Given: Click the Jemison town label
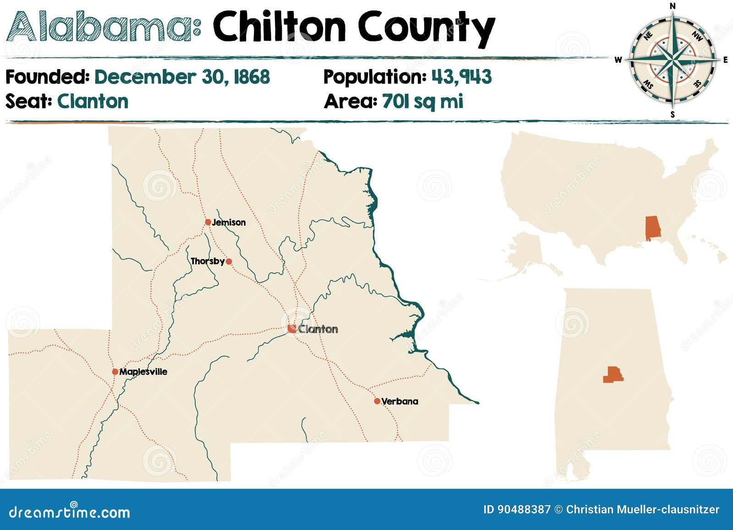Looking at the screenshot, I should [229, 223].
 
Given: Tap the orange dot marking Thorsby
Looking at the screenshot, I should [229, 262].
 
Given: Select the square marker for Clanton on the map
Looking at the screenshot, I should [292, 328].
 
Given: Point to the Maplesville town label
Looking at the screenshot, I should [143, 372].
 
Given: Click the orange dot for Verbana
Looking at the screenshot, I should [377, 401].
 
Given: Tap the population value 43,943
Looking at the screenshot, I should [461, 77].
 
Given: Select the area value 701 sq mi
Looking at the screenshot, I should [422, 101].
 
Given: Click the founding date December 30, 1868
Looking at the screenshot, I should [182, 77].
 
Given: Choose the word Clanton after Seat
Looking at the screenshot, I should [93, 101].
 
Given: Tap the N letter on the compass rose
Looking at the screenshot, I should [673, 6].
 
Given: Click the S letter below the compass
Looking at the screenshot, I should [673, 115].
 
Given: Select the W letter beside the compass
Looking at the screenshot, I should [618, 60].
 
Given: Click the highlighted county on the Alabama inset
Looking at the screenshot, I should [613, 375].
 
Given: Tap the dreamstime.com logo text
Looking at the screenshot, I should [70, 512].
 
